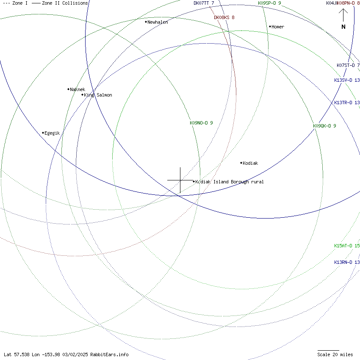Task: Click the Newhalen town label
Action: pyautogui.click(x=158, y=22)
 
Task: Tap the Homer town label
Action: pyautogui.click(x=278, y=27)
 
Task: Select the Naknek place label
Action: pyautogui.click(x=78, y=89)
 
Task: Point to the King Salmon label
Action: pyautogui.click(x=98, y=95)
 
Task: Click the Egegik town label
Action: pyautogui.click(x=52, y=133)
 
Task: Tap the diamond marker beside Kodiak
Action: pyautogui.click(x=241, y=163)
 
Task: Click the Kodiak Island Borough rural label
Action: pyautogui.click(x=229, y=182)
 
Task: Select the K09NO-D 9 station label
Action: pyautogui.click(x=201, y=123)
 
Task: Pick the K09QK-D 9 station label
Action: pyautogui.click(x=324, y=126)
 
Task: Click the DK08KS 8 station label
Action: pyautogui.click(x=224, y=17)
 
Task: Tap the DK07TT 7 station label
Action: pyautogui.click(x=204, y=3)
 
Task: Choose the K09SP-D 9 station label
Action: pyautogui.click(x=269, y=3)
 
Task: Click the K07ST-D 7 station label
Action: pyautogui.click(x=348, y=65)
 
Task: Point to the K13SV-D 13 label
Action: pyautogui.click(x=347, y=80)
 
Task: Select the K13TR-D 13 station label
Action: pyautogui.click(x=347, y=102)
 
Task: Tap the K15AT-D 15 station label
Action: pyautogui.click(x=347, y=246)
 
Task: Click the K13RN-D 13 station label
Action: pyautogui.click(x=347, y=262)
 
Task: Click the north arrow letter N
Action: pyautogui.click(x=343, y=27)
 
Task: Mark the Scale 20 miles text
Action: pyautogui.click(x=335, y=354)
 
